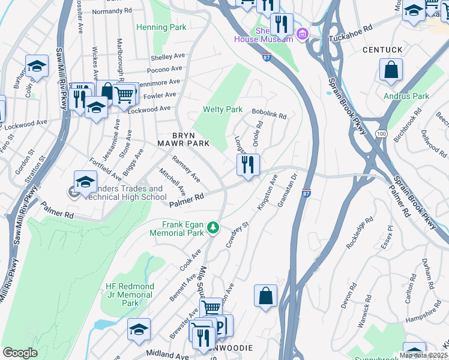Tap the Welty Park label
[223, 109]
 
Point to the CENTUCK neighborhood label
[382, 49]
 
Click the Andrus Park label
[406, 96]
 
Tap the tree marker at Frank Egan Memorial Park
[212, 228]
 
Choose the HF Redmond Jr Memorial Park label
[130, 295]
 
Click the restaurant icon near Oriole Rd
[248, 164]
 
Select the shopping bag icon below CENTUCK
[391, 70]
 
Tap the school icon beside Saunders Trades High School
[86, 181]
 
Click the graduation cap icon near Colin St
[37, 66]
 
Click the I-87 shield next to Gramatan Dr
[306, 193]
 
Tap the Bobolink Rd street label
[269, 113]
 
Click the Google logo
[20, 353]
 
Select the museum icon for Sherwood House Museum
[302, 34]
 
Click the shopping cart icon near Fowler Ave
[124, 94]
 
